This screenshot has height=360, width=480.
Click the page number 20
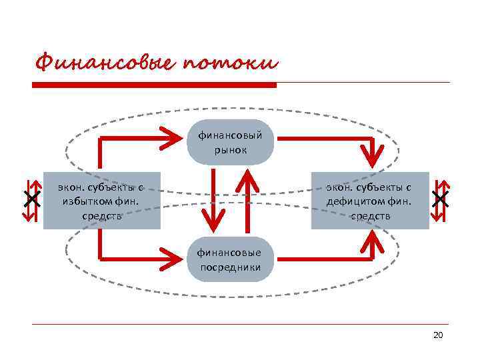[438, 335]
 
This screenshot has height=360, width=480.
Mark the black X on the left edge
[31, 198]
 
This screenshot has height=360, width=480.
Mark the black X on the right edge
[439, 198]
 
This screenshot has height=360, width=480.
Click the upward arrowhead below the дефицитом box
[376, 241]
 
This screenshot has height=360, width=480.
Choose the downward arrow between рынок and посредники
[213, 200]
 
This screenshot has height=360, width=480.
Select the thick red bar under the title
[155, 85]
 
